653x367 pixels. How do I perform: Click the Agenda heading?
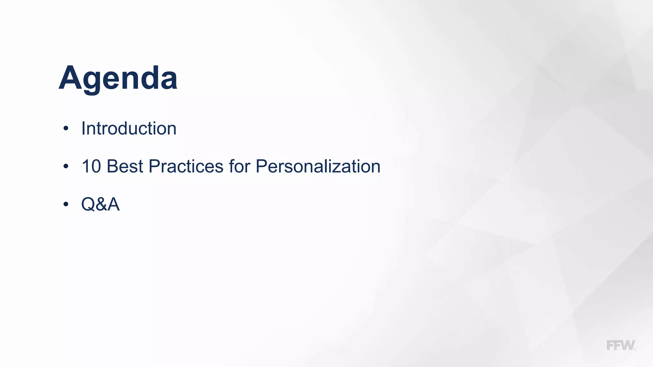click(x=118, y=78)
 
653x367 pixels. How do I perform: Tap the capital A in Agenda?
click(x=71, y=78)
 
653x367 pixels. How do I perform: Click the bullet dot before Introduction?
click(x=66, y=129)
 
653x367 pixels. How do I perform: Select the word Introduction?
click(x=129, y=128)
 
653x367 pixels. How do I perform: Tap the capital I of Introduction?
click(x=84, y=128)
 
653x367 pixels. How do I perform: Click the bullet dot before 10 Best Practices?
click(x=66, y=166)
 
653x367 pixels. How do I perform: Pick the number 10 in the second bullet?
click(x=91, y=166)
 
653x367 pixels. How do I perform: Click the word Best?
click(x=125, y=166)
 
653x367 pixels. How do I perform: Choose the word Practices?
click(x=186, y=166)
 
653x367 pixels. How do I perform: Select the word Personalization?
click(x=318, y=166)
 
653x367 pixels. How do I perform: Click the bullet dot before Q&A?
click(x=66, y=204)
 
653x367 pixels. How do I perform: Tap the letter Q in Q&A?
click(x=88, y=204)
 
